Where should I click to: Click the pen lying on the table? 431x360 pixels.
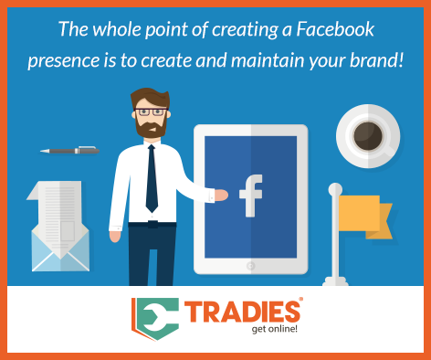tap(69, 150)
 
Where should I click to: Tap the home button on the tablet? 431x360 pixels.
tap(250, 268)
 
